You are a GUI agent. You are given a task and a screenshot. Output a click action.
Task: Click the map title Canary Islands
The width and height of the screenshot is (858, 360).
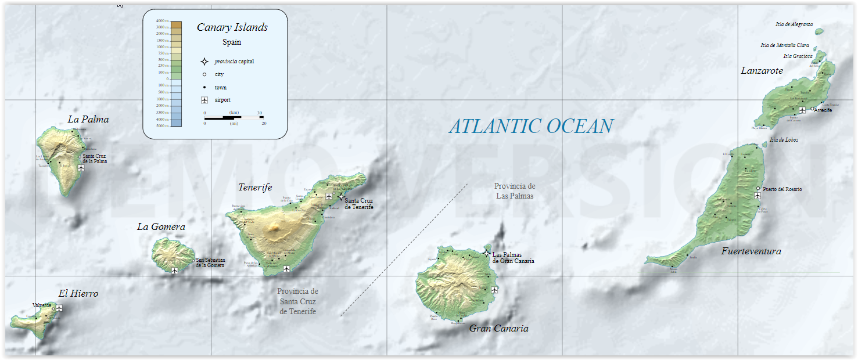click(x=232, y=27)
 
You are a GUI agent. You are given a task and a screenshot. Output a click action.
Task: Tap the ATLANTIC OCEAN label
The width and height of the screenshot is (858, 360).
click(x=531, y=126)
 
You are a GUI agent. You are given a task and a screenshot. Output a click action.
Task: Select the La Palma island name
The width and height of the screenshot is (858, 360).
click(x=88, y=119)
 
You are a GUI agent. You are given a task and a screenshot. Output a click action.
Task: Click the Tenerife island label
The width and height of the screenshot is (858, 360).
click(x=255, y=187)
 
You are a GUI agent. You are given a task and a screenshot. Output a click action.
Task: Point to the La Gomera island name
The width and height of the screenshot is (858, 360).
click(x=161, y=226)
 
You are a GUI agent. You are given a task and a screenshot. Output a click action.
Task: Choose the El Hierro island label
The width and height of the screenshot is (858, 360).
click(x=78, y=293)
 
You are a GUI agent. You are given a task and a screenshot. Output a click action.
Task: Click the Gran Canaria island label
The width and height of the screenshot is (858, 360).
click(x=498, y=328)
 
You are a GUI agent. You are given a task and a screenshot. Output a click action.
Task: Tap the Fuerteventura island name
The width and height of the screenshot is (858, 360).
click(x=751, y=251)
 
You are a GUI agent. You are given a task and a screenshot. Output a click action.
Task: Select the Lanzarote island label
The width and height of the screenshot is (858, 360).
click(x=762, y=70)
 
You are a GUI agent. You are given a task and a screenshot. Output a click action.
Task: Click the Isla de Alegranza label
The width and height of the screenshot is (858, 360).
click(x=794, y=24)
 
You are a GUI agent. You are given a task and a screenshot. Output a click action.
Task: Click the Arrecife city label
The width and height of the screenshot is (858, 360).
click(x=823, y=110)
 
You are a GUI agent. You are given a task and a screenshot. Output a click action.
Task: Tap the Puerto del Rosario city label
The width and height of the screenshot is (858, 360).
click(x=782, y=189)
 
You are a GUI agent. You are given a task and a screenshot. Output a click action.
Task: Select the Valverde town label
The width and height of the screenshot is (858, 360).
click(x=42, y=305)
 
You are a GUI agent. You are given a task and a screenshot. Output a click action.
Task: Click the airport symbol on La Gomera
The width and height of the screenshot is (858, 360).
click(x=174, y=271)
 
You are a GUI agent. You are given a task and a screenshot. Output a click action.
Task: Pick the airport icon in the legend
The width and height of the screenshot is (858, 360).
click(x=204, y=100)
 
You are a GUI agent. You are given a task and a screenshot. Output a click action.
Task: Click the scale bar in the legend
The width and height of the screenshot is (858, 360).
click(x=234, y=118)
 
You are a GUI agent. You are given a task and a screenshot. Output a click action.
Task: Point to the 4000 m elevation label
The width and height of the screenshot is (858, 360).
click(x=162, y=21)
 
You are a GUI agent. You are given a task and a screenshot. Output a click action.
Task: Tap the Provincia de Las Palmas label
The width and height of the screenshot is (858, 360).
click(x=514, y=190)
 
